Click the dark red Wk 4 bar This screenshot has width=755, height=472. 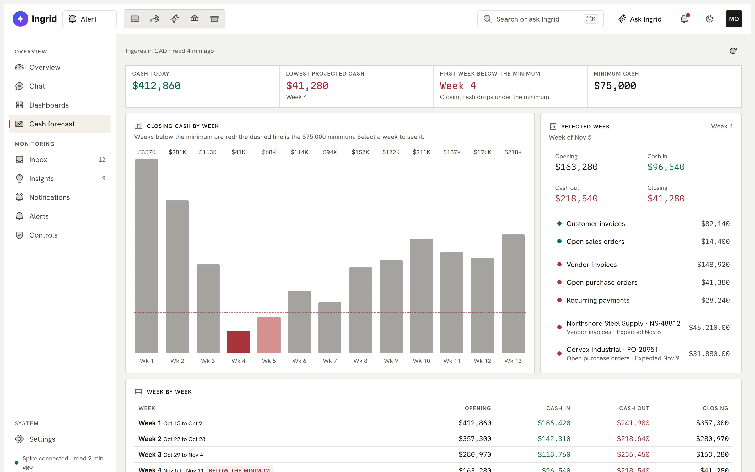click(238, 342)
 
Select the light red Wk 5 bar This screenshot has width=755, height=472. click(269, 335)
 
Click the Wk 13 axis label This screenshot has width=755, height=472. click(513, 361)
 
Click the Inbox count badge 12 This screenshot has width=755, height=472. click(102, 159)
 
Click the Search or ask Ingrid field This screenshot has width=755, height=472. click(540, 19)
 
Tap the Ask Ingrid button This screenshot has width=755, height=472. click(640, 19)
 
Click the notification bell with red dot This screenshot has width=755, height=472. click(684, 19)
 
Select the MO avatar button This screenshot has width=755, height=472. click(734, 19)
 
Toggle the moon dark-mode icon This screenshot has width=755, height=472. click(709, 19)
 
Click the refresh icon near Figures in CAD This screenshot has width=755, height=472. click(733, 51)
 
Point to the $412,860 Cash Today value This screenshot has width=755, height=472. click(156, 86)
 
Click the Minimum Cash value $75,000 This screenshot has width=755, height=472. click(615, 86)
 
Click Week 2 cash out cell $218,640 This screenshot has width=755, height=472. click(633, 439)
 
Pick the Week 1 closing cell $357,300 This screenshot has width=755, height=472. click(712, 423)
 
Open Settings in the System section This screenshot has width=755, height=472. click(42, 439)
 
